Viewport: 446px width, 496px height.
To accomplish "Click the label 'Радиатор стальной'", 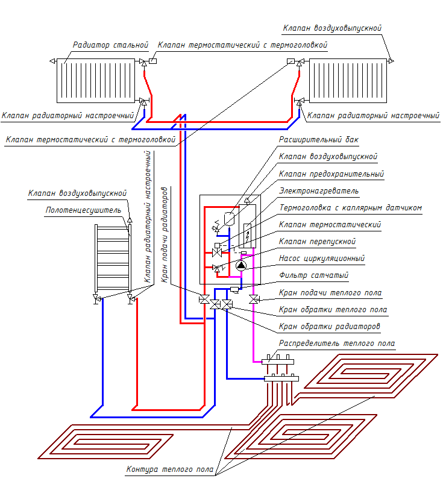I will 110,45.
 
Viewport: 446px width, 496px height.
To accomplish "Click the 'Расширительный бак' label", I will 318,139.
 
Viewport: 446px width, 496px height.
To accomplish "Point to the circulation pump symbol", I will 240,265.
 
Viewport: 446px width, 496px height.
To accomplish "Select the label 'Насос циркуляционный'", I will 322,259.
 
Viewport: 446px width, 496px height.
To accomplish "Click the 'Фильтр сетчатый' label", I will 313,275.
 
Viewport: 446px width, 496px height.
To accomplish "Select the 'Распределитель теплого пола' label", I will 336,344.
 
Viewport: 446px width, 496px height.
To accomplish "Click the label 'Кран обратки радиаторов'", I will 329,327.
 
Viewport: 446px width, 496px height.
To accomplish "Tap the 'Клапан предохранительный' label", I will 331,174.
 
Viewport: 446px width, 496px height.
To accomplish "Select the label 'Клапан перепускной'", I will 317,242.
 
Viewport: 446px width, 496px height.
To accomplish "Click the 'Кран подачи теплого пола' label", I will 330,293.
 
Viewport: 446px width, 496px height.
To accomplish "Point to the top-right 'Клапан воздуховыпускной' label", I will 332,28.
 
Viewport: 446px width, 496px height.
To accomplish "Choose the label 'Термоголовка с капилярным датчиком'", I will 350,207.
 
